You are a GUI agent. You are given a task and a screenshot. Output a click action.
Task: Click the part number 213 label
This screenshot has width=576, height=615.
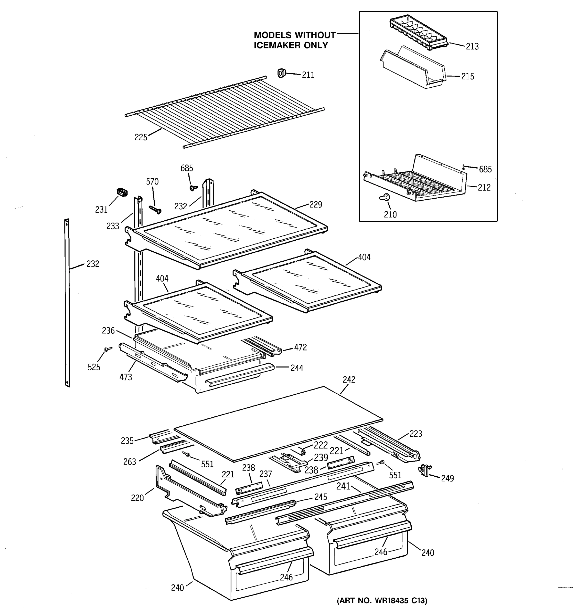472,46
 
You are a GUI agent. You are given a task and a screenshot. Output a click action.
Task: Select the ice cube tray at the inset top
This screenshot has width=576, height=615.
419,33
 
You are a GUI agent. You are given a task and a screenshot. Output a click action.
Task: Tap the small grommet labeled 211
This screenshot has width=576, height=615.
281,73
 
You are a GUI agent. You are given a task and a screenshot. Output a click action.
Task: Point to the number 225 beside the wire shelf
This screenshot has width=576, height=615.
141,137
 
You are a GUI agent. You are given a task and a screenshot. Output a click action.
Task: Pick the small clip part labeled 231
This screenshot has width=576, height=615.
122,192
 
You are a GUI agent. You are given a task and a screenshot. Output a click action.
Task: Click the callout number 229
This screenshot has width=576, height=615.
315,204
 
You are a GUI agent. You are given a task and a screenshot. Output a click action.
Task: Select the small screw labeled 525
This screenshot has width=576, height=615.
108,349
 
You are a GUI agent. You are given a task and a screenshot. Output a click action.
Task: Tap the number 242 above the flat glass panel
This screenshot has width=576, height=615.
349,380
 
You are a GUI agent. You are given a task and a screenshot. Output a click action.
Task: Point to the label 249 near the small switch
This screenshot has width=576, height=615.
447,479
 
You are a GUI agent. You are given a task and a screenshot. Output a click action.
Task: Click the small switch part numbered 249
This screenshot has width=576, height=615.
425,470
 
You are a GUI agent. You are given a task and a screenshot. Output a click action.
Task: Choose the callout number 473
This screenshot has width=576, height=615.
126,377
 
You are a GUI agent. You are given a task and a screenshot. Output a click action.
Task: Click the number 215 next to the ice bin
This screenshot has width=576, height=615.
467,76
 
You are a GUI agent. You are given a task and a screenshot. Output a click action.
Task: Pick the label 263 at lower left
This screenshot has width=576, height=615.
130,462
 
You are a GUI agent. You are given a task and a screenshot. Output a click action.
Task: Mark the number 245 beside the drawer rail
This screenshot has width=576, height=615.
321,497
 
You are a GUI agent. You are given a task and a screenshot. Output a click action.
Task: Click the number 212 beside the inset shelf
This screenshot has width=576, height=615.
484,188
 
